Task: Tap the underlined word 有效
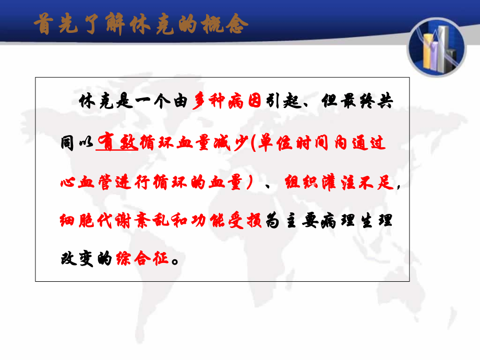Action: pyautogui.click(x=117, y=143)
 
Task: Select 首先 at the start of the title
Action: pyautogui.click(x=51, y=24)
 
